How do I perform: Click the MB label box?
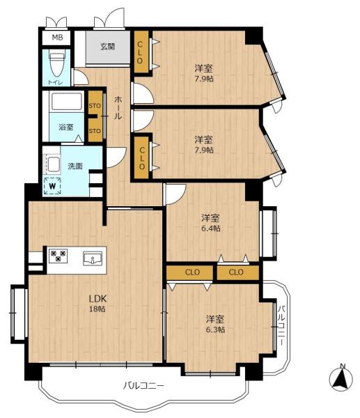coord(57,38)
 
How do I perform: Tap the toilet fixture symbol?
coord(57,65)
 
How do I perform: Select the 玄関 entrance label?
coord(108,47)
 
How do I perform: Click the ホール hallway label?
coord(118,108)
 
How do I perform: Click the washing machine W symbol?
coord(52,186)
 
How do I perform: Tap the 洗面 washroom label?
coord(75,166)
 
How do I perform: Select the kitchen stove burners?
coord(58,255)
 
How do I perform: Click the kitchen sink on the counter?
coord(93,258)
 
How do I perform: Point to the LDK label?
coord(97,299)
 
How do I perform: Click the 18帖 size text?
coord(97,309)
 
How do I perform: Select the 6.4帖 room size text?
coord(211,229)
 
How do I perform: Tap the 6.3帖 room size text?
coord(215,330)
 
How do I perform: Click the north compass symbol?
coord(341,378)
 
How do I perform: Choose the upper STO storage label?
coord(95,106)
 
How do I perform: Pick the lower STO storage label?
coord(95,131)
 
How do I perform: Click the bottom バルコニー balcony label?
coord(143,385)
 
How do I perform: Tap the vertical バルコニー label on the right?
coord(281,326)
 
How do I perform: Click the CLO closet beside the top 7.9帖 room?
coord(141,52)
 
